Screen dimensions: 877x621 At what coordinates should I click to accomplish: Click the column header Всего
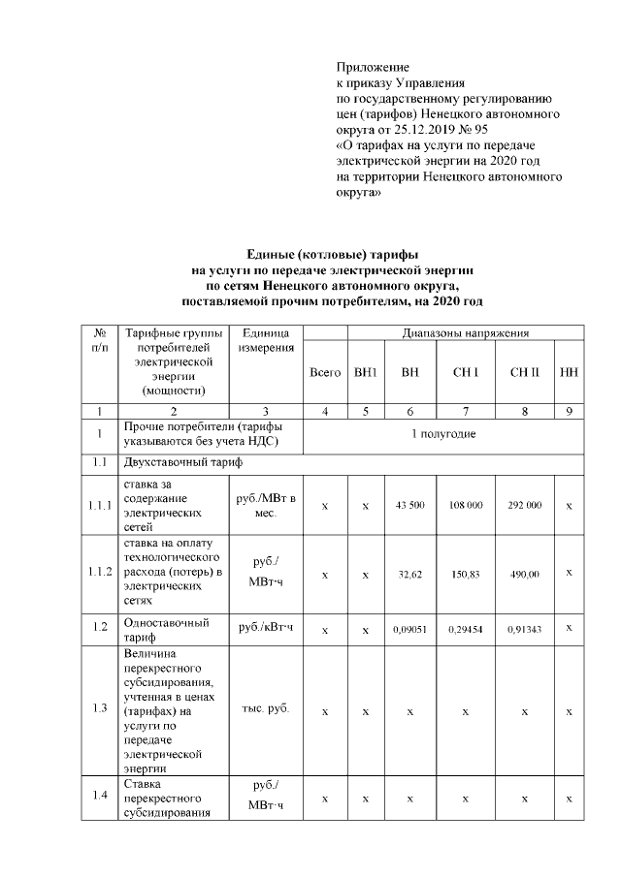[324, 372]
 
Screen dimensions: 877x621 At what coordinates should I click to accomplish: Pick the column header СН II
[524, 372]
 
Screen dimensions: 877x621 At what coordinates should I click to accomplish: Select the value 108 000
[466, 506]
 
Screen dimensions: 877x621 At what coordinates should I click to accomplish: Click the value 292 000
[524, 506]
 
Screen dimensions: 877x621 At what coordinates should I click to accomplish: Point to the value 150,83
[466, 575]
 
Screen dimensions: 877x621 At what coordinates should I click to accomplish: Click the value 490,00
[524, 575]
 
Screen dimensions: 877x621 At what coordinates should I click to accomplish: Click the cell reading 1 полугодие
[443, 433]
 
